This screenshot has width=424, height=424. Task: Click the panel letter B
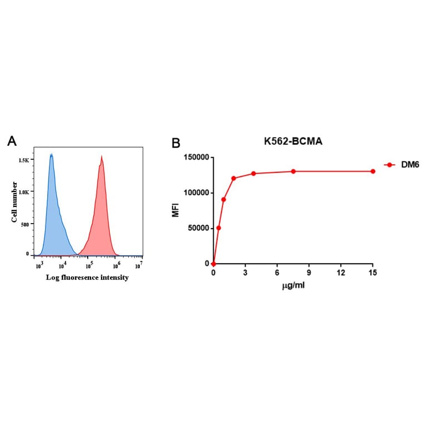[176, 143]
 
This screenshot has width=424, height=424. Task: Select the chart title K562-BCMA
[293, 142]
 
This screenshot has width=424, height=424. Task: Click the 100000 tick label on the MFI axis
[196, 193]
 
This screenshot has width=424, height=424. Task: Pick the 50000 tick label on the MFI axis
[198, 228]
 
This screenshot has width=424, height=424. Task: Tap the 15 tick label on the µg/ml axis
[372, 273]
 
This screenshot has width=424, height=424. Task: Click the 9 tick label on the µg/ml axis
[309, 273]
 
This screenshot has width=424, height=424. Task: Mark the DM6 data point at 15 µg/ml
[372, 171]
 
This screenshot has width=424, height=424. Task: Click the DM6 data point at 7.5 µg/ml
[293, 171]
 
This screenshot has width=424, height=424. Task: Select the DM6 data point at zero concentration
[214, 264]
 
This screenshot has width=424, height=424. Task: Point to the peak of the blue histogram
[51, 155]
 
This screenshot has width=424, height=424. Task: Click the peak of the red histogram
[102, 157]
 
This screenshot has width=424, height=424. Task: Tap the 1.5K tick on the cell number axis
[24, 160]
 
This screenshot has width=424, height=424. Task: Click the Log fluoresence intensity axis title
[88, 277]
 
